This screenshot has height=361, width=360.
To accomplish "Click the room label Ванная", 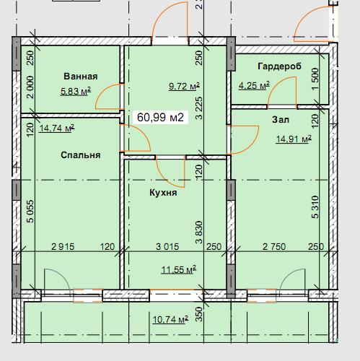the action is [x=81, y=77].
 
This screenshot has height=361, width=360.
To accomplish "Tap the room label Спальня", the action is [x=81, y=155].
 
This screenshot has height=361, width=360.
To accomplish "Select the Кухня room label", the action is [x=163, y=193].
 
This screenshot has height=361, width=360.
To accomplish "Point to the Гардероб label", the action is [x=279, y=66].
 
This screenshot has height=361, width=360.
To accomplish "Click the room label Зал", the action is [x=281, y=120].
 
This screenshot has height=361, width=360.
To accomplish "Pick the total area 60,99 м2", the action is [x=160, y=118].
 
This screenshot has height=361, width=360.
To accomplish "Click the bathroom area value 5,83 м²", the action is [x=76, y=91].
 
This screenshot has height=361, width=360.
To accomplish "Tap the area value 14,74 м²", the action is [x=56, y=128].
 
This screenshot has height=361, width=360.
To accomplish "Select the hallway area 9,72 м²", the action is [x=184, y=86].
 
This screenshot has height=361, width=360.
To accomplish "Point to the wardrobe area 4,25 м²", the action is [x=254, y=85].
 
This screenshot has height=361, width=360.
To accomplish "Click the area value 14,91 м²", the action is [x=294, y=139].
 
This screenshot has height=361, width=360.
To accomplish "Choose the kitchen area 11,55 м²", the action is [x=178, y=269].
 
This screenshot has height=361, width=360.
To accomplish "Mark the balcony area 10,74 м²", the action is [x=170, y=320].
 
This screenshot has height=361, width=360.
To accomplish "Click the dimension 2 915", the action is [x=63, y=246].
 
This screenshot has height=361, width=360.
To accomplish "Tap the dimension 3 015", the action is [x=167, y=246].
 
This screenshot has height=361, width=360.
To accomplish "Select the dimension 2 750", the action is [x=274, y=246].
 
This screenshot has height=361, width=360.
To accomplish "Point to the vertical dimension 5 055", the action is [x=31, y=212].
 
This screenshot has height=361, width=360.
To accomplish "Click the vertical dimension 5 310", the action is [x=315, y=207].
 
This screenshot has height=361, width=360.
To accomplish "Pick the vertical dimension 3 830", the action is [x=199, y=232].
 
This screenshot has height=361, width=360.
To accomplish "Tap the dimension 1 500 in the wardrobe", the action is [x=315, y=79].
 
